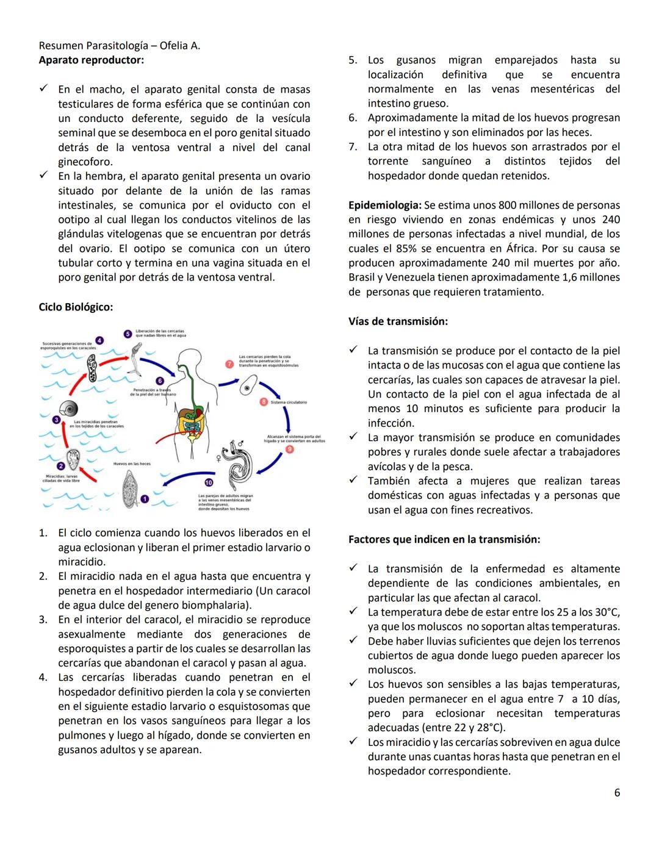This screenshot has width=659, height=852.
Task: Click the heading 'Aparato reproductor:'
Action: point(92,60)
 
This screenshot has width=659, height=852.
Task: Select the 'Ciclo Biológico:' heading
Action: point(76,307)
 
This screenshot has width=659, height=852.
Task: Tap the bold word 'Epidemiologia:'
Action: point(384,206)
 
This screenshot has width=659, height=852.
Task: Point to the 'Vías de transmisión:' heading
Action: point(398,321)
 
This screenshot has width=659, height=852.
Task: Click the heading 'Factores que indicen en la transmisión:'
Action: point(444,540)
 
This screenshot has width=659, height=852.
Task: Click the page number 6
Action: point(616,793)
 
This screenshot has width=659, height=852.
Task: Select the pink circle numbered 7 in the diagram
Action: point(230,364)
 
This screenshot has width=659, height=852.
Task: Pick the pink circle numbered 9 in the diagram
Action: point(289,449)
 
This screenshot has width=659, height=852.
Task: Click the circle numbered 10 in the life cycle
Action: point(208,482)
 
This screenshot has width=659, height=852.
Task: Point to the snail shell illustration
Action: point(69,409)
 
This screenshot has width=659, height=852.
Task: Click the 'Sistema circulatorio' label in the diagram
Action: point(289,403)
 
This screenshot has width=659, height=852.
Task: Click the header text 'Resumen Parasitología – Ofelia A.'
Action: point(119,46)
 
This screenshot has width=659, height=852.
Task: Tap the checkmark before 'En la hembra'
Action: point(43,176)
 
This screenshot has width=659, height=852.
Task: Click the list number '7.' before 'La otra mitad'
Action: point(353,147)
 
